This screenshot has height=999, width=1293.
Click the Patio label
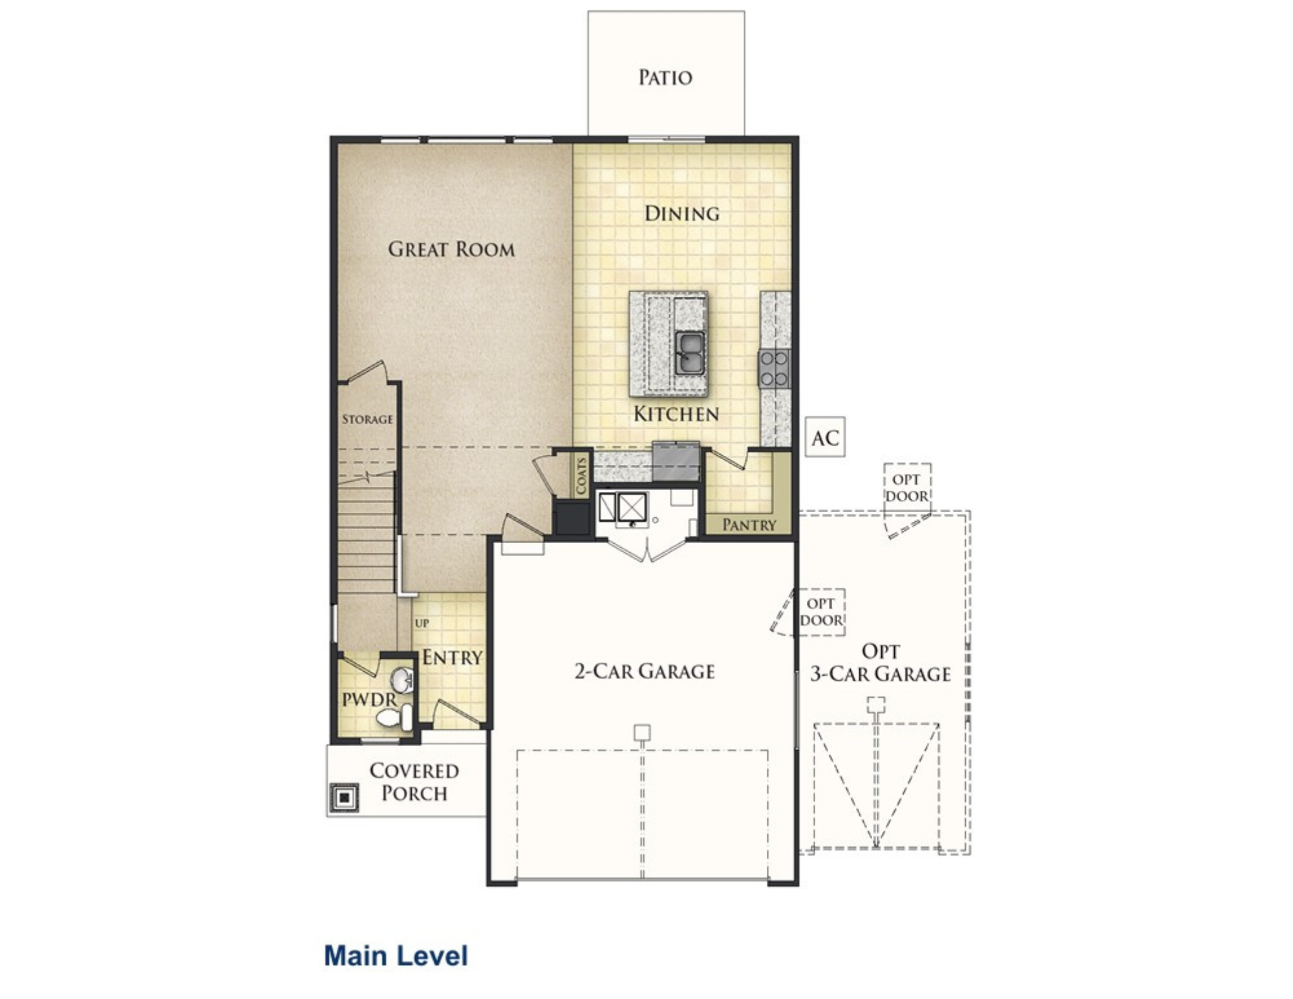point(665,78)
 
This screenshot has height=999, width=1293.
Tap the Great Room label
point(451,249)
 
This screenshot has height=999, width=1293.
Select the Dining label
point(682,213)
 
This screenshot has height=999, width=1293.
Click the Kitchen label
point(676,414)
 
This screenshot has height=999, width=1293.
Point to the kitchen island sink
point(690,353)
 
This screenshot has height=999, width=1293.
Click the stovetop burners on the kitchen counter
point(774,369)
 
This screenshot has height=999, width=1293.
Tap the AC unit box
point(825,438)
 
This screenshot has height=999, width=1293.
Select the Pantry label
point(749,524)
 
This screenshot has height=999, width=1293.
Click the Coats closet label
point(581,475)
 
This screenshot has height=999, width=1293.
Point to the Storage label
point(367,419)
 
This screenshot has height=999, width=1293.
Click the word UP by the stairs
point(422,623)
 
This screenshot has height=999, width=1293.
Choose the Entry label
point(453,658)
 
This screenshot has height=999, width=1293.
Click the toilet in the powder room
point(394,717)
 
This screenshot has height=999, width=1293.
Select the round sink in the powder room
point(401,680)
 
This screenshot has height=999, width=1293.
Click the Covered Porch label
point(414,782)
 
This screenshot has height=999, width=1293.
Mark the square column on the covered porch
point(344,798)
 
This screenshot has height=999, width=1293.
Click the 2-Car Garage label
point(645,671)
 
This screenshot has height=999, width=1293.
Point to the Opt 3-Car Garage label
point(881,663)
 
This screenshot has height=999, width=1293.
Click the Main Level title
point(396,956)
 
